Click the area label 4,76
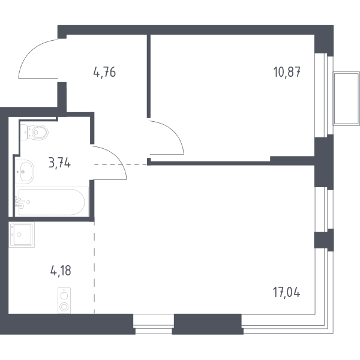click(x=104, y=72)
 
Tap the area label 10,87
click(x=287, y=72)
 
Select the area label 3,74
click(x=59, y=163)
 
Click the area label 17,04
click(x=286, y=292)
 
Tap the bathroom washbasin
click(x=25, y=171)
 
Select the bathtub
click(x=52, y=202)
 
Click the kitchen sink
click(x=22, y=235)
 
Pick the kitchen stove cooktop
click(x=64, y=301)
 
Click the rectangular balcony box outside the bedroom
click(x=346, y=99)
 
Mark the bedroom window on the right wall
click(x=324, y=95)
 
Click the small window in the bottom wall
click(x=154, y=324)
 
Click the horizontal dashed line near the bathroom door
click(x=121, y=164)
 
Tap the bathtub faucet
click(x=20, y=202)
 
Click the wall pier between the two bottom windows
click(x=208, y=324)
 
